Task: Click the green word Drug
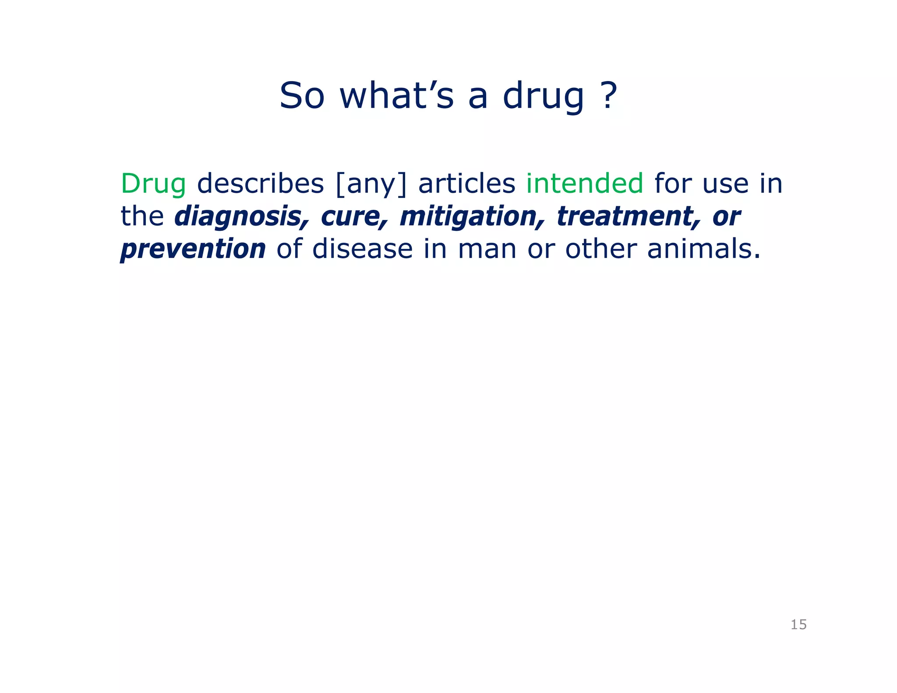coord(153,184)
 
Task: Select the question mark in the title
coord(607,95)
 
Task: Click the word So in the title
coord(302,96)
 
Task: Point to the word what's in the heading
coord(397,96)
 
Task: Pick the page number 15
coord(798,625)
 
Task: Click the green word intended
coord(585,184)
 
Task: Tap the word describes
coord(261,184)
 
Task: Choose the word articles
coord(467,184)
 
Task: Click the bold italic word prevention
coord(193,249)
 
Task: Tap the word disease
coord(363,249)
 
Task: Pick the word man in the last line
coord(487,249)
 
